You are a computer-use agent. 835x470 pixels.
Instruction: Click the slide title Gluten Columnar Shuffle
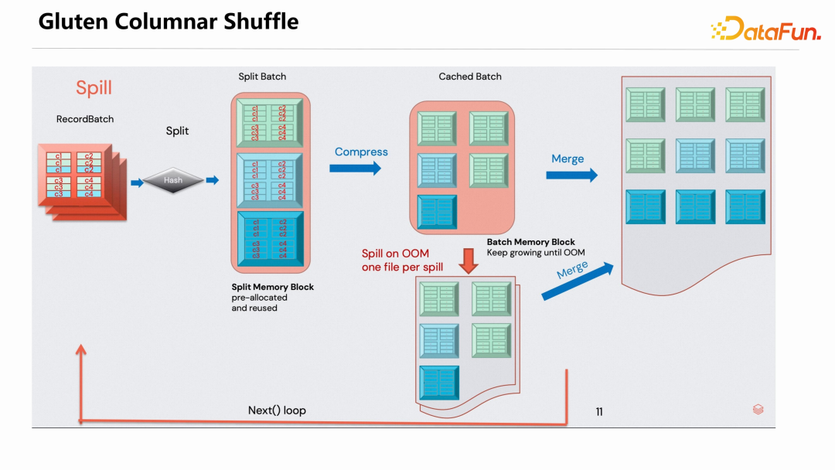point(168,22)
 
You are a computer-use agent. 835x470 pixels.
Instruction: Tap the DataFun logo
point(765,29)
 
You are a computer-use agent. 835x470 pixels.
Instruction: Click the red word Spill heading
point(94,88)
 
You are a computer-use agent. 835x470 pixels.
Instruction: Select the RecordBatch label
point(85,119)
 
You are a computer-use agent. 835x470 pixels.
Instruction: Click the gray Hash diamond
point(172,181)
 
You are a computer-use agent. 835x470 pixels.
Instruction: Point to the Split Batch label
point(262,77)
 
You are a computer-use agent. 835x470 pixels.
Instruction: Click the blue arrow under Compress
point(355,168)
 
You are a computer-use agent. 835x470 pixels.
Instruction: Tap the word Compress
point(361,152)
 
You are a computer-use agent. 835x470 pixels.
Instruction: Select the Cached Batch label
point(470,77)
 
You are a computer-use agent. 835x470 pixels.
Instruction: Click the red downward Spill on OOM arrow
point(469,261)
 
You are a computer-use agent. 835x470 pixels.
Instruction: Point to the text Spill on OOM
point(395,254)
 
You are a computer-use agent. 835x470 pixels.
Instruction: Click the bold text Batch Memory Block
point(530,242)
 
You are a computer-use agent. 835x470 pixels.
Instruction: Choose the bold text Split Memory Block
point(273,287)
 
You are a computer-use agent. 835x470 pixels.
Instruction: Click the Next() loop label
point(277,410)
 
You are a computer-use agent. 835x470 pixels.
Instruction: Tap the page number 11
point(599,412)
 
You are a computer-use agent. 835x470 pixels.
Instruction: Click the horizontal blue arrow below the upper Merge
point(571,175)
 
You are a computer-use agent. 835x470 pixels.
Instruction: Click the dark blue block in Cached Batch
point(437,212)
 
